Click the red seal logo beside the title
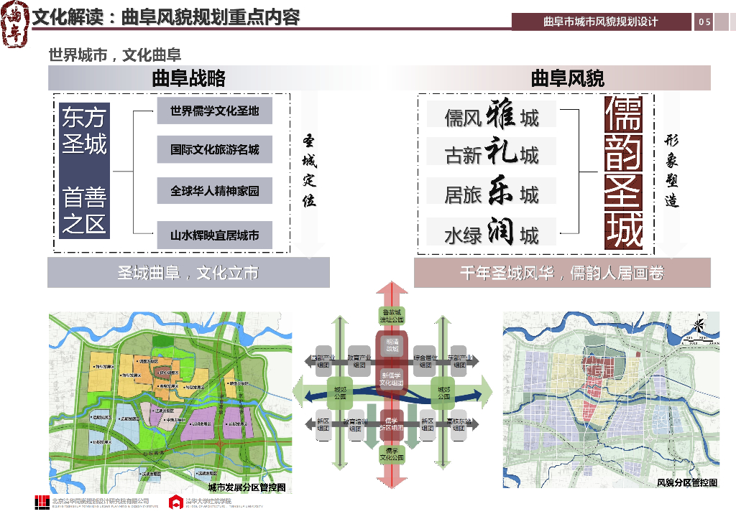pos(16,25)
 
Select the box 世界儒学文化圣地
pos(214,111)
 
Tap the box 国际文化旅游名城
pos(214,150)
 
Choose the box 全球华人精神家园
pos(214,192)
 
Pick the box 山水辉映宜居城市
pos(214,235)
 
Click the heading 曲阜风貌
pos(567,78)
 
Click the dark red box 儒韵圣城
pos(623,174)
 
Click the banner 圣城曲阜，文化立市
pos(188,273)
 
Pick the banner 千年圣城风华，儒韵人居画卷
pos(562,273)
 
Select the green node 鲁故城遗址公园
pos(392,315)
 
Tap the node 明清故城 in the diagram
pos(392,345)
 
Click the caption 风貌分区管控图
pos(687,482)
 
